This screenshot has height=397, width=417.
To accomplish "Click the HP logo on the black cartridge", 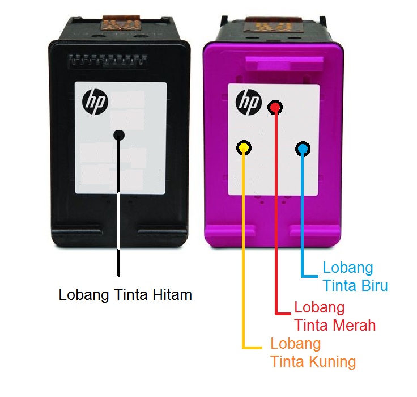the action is click(93, 102).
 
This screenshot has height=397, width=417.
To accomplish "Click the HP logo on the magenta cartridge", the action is click(248, 102).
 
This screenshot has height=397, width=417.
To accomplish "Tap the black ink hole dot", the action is click(119, 134).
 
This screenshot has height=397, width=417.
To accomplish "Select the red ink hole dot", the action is click(275, 107).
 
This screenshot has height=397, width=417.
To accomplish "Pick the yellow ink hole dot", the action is click(244, 148).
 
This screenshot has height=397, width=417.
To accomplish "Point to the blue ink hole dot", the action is click(303, 149).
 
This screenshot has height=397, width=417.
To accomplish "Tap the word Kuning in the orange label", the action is click(332, 361).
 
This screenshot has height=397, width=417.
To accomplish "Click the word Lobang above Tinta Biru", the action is click(348, 267).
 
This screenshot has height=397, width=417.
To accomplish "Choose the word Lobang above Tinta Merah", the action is click(320, 308).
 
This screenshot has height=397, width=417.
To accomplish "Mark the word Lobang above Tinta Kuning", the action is click(296, 344).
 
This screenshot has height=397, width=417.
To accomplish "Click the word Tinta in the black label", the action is click(130, 295).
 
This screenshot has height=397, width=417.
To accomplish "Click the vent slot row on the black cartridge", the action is click(119, 59).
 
